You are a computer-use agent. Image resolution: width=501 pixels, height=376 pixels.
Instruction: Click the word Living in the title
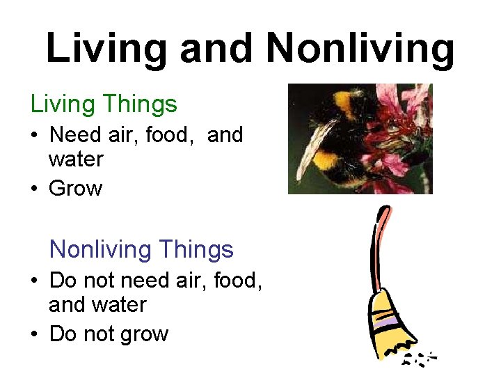pos(106,49)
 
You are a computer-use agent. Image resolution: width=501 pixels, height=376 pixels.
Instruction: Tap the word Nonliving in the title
pos(360,49)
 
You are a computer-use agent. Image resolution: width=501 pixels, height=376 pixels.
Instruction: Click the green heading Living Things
pos(104,104)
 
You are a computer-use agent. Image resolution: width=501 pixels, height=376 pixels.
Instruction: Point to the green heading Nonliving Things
pos(141,249)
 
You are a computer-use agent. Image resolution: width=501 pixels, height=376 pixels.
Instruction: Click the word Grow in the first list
pos(75,189)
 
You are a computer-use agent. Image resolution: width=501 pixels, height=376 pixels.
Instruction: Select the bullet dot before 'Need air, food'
pos(34,135)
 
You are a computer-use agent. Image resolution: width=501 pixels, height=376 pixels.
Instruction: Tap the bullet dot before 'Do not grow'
pos(34,334)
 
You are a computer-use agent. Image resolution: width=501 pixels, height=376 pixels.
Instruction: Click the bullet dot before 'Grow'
pos(34,189)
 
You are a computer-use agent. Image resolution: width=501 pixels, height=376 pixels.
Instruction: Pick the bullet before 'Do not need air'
pos(34,281)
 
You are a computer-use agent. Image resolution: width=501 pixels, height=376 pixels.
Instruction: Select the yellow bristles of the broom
pos(393,334)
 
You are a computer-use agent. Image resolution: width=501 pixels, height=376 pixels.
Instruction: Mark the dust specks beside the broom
pos(420,359)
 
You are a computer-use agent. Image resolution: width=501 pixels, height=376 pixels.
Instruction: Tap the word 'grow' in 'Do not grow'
pos(144,335)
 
